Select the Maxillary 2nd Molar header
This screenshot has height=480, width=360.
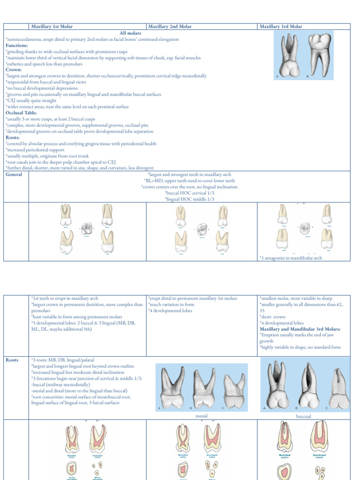coord(169,27)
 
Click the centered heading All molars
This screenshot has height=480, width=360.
coord(130,33)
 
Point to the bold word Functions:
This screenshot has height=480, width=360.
coord(16,45)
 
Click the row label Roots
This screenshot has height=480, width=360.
coord(12,360)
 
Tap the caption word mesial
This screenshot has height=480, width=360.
coord(201,416)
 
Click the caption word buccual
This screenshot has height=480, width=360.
coord(304,416)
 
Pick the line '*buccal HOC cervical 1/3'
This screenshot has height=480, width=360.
coord(189,193)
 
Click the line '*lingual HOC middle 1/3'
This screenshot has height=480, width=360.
coord(189,199)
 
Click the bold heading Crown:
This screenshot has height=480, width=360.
coord(14,70)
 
